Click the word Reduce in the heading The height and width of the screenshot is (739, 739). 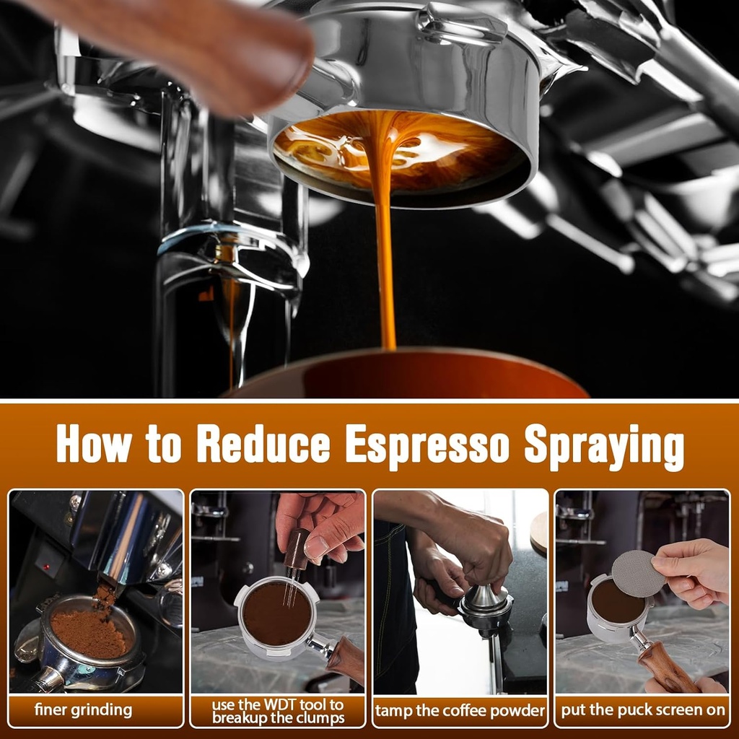[x=263, y=444]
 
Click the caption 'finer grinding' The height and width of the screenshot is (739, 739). [x=84, y=710]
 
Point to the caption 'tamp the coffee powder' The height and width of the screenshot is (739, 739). [x=460, y=711]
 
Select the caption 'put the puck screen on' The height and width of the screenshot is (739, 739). [x=643, y=710]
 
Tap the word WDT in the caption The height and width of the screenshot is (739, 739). [x=281, y=704]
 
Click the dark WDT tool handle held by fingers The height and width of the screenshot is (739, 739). [x=296, y=549]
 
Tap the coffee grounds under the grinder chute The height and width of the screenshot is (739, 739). [x=89, y=631]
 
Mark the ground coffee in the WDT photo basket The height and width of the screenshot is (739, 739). [x=276, y=614]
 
